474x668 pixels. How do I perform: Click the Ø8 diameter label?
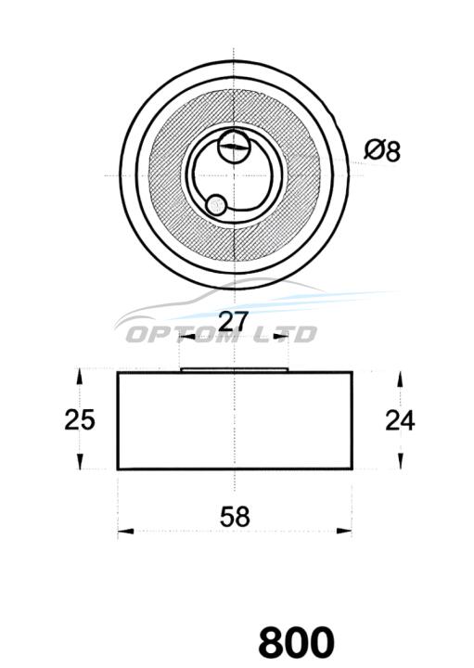382,151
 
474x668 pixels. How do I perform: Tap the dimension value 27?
233,321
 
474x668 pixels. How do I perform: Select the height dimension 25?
79,419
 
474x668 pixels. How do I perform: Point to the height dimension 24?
400,420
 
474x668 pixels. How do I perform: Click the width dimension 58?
235,516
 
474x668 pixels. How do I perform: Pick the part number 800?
296,642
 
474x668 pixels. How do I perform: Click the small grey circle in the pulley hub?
216,205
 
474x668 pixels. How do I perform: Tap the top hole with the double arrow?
234,147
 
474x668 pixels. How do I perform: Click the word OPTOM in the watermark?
183,334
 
